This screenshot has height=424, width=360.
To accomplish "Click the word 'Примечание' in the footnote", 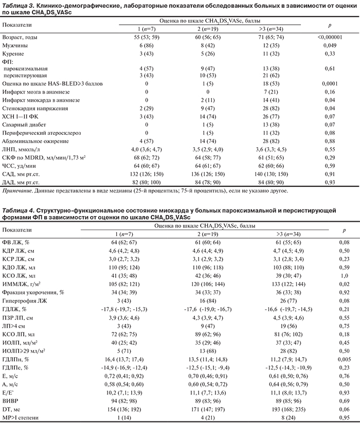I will (18, 190).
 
